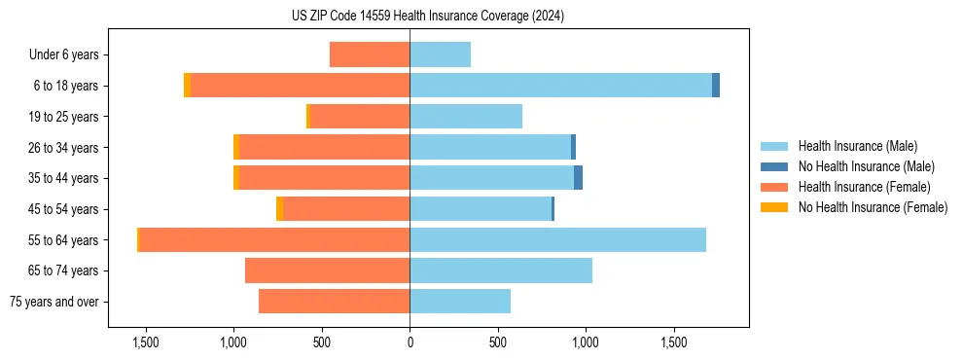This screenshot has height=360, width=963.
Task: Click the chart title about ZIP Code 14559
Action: pos(428,17)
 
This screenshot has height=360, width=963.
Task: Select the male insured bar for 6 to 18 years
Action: pos(560,86)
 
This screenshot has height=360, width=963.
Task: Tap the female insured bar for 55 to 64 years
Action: pos(274,240)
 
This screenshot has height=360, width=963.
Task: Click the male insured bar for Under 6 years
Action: pos(440,54)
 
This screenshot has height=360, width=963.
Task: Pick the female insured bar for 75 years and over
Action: pos(334,302)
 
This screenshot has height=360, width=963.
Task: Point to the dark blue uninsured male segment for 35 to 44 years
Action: pos(578,178)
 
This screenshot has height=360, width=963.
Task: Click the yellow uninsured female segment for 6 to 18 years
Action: pos(187,86)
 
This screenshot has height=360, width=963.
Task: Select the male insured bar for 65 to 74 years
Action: pos(501,270)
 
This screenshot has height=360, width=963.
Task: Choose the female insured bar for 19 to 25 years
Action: pos(359,117)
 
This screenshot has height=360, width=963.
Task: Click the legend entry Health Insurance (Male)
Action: pos(857,146)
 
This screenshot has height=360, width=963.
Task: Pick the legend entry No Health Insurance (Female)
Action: pos(873,207)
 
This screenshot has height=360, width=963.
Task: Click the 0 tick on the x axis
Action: pos(410,343)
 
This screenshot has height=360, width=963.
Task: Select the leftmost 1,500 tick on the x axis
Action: pos(146,343)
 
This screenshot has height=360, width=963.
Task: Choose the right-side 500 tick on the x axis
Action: pos(498,343)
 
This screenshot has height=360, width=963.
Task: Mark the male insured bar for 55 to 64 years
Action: pos(557,240)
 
